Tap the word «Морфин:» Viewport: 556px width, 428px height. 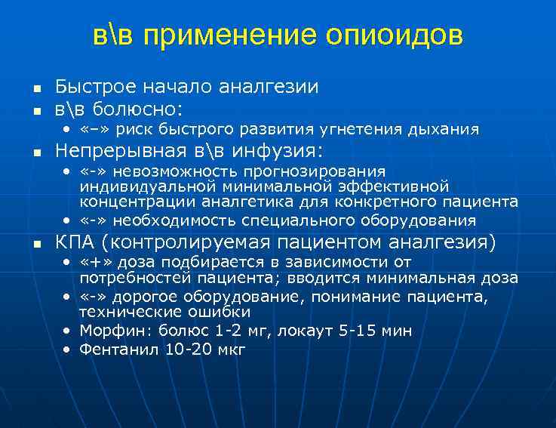tap(112, 331)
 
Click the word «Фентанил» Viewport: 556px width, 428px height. tap(114, 349)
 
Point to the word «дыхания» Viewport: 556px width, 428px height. tap(444, 129)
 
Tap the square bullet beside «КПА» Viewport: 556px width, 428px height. tap(36, 243)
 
